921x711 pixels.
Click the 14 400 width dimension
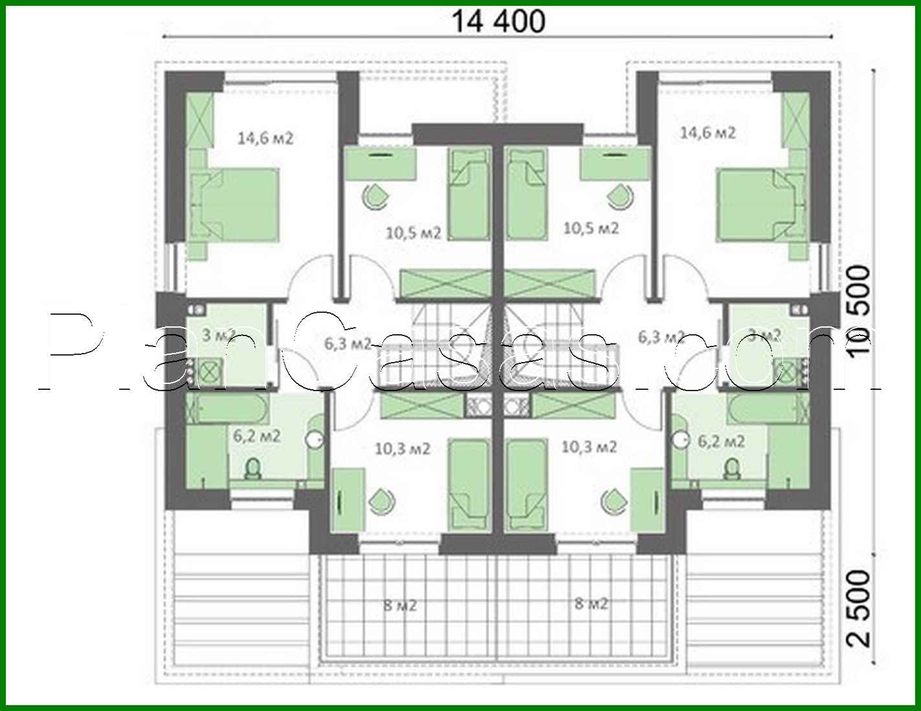(497, 22)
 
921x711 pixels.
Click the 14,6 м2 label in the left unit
(265, 138)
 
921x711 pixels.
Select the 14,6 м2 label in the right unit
(707, 133)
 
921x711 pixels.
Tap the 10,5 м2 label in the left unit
(413, 232)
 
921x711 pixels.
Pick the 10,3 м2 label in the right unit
(589, 447)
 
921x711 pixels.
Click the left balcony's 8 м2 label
(399, 605)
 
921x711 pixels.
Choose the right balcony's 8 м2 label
(591, 604)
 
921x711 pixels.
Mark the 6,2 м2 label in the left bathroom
(256, 436)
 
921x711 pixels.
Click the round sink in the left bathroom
(316, 438)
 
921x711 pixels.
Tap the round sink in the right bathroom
(680, 438)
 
